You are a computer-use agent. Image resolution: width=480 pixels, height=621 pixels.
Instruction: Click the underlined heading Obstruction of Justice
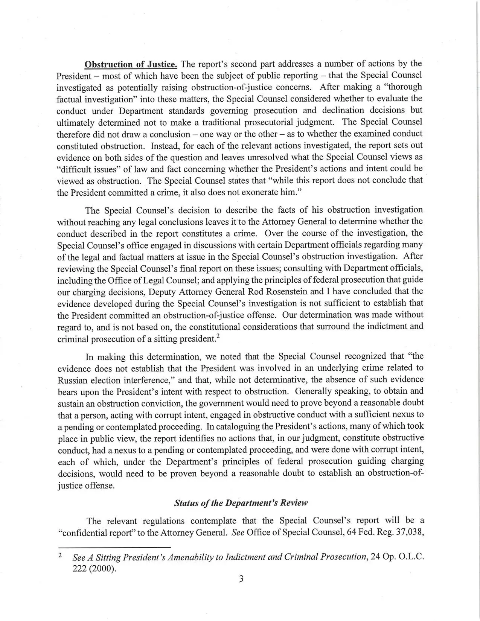tap(131, 64)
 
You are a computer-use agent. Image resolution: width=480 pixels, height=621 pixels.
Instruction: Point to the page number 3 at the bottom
tap(241, 589)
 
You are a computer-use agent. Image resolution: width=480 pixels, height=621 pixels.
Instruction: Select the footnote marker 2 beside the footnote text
tap(60, 555)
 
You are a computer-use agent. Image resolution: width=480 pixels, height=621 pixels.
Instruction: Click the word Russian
tap(73, 380)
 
